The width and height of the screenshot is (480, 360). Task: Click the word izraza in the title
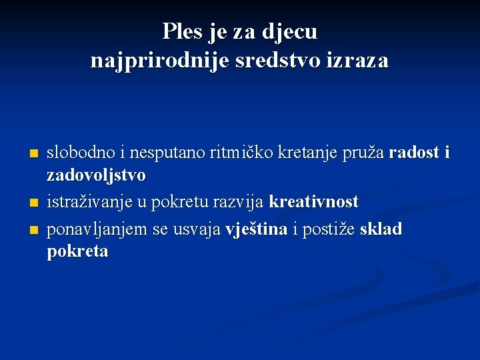pos(357,61)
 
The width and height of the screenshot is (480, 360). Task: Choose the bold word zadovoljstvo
pos(96,176)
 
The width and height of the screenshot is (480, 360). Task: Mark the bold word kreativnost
pos(313,201)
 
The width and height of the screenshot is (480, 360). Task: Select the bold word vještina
pos(257,229)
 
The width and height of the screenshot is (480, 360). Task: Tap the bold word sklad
pos(381,229)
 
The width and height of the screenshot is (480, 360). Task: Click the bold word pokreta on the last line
pos(77,252)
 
